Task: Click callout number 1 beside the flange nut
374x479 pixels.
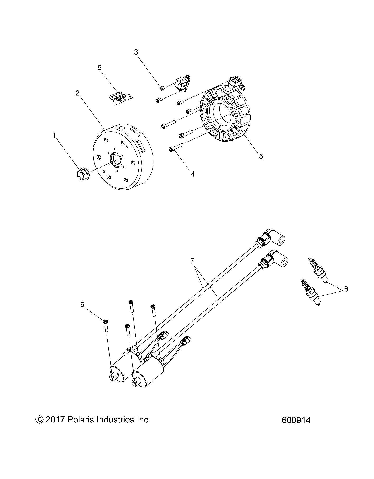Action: pyautogui.click(x=54, y=136)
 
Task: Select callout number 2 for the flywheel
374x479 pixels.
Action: pyautogui.click(x=77, y=93)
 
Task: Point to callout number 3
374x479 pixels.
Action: pyautogui.click(x=136, y=52)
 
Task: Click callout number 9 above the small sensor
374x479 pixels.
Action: pyautogui.click(x=100, y=68)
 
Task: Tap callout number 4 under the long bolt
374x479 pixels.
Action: pyautogui.click(x=193, y=174)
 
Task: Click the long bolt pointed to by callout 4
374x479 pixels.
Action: pyautogui.click(x=177, y=147)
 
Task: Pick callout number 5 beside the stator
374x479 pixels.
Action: pyautogui.click(x=261, y=156)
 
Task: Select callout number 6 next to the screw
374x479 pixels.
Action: pyautogui.click(x=82, y=305)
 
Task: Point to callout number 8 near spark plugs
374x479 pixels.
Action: pyautogui.click(x=346, y=289)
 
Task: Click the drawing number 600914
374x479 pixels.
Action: pyautogui.click(x=296, y=420)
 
